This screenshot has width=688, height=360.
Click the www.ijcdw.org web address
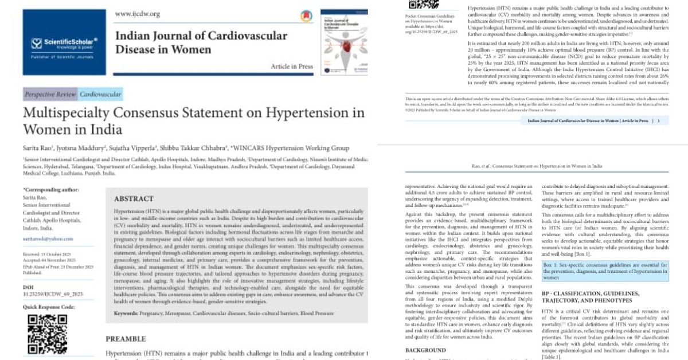pos(138,14)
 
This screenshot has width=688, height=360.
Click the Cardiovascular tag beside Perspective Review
pos(100,94)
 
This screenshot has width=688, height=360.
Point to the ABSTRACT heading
pos(134,199)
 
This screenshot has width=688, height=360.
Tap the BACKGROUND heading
pos(425,350)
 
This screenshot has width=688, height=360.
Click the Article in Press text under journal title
pos(292,66)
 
